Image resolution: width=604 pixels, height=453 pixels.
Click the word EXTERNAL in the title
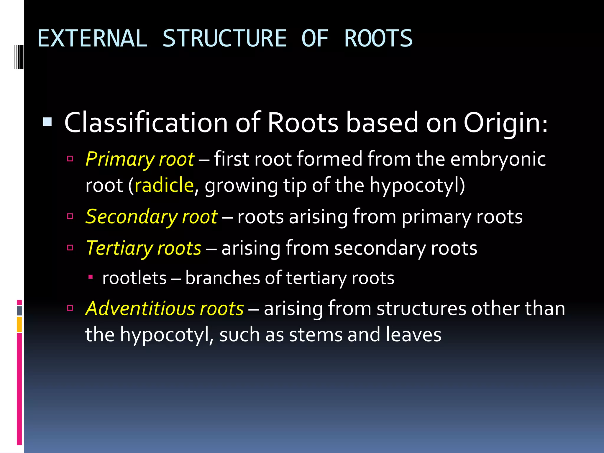[x=92, y=39]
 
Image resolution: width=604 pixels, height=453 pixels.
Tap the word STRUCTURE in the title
[x=224, y=39]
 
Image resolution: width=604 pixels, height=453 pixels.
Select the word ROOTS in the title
[x=378, y=39]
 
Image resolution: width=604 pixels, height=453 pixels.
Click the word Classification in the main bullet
[x=146, y=123]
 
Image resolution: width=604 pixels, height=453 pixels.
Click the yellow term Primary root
[x=140, y=159]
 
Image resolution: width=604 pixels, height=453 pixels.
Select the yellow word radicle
[x=164, y=185]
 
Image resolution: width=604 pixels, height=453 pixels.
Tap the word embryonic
[x=498, y=159]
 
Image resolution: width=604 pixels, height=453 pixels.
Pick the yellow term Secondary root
[x=151, y=217]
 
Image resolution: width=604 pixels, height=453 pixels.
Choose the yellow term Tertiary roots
[x=144, y=248]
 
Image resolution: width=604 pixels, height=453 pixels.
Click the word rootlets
[x=134, y=278]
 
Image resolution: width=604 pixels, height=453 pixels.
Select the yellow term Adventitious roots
[x=165, y=309]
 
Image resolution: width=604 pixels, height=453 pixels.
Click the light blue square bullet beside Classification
[x=47, y=122]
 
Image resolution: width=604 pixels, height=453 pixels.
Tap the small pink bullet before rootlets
[x=91, y=277]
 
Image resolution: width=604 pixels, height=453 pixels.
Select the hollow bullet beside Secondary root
[x=70, y=216]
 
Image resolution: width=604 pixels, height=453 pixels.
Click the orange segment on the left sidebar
[x=19, y=324]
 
